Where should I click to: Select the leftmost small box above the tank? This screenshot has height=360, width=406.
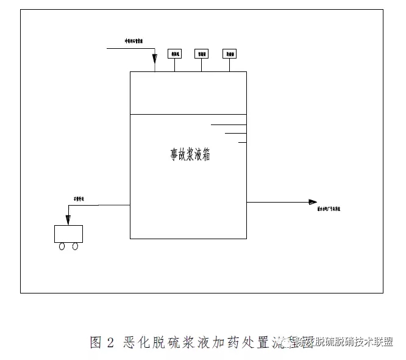175,54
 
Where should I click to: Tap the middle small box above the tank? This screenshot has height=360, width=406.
202,54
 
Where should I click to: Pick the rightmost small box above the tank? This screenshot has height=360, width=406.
229,54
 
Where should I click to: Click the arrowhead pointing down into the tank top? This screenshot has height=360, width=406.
155,67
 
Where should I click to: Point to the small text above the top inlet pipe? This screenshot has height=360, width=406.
134,41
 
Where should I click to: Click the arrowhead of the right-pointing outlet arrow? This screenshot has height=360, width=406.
313,202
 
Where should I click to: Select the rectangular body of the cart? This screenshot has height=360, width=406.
68,234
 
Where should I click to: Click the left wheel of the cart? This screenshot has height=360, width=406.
62,246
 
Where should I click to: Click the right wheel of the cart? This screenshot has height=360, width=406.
75,246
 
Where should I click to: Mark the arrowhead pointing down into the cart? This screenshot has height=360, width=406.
68,220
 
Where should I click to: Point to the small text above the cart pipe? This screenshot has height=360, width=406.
76,199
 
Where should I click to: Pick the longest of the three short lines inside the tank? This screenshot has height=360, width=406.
228,124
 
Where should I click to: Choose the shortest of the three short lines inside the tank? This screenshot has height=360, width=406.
243,142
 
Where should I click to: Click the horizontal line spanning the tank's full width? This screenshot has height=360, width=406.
188,114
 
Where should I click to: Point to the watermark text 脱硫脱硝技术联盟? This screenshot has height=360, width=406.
354,342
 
